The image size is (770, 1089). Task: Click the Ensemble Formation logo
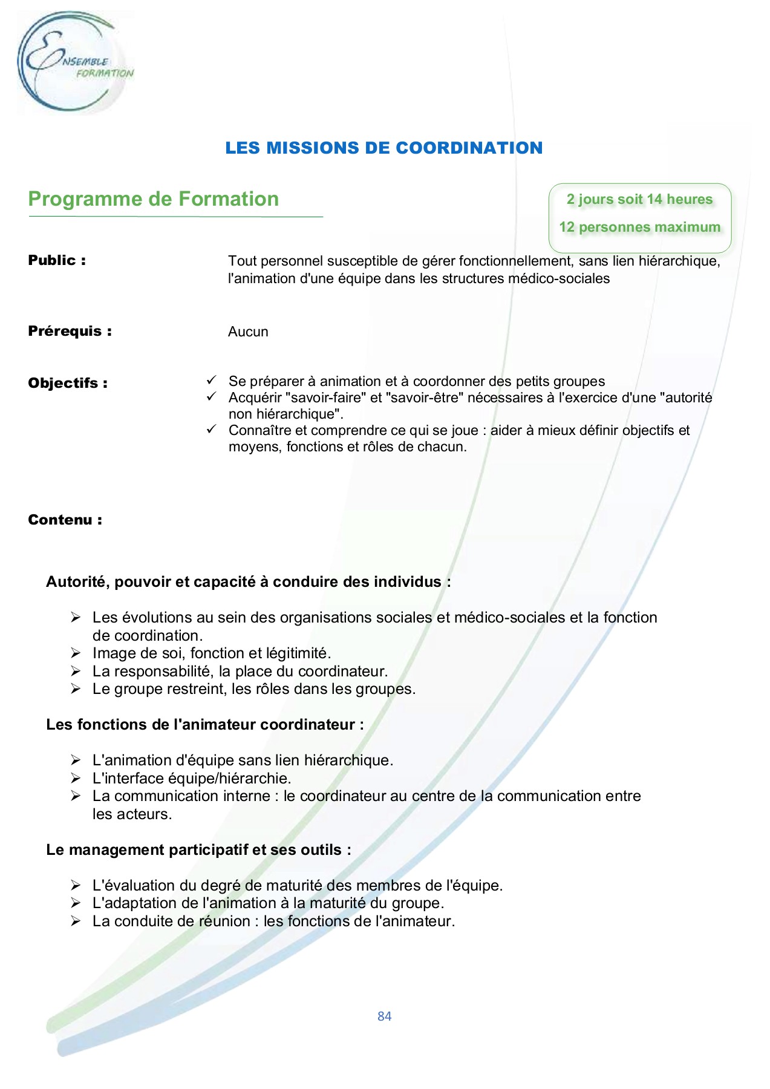point(73,62)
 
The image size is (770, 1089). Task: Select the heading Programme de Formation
point(154,199)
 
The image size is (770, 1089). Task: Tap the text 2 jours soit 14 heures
point(639,200)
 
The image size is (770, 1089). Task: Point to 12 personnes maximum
point(639,227)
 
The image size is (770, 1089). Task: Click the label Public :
point(57,261)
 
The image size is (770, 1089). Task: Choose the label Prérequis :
point(70,332)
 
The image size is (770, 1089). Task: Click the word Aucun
point(248,332)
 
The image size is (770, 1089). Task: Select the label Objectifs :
point(68,384)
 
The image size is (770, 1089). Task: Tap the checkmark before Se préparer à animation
point(211,380)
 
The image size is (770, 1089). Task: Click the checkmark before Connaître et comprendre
point(211,429)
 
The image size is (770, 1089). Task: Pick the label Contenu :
point(65,520)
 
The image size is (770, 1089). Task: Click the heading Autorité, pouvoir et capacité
point(248,582)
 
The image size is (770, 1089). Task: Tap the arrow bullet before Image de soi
point(75,653)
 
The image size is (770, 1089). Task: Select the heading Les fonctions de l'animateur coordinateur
point(204,725)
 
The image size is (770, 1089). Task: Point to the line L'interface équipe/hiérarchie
point(192,779)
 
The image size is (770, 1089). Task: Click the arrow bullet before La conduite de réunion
point(75,921)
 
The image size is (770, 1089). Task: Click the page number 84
point(384,1016)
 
